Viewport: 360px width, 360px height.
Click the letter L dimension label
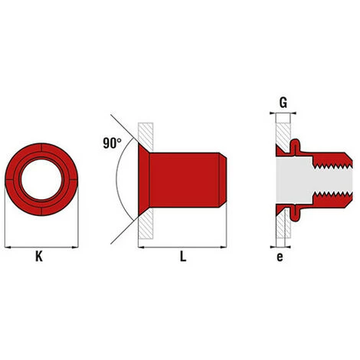tap(182, 258)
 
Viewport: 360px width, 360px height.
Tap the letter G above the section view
tap(283, 101)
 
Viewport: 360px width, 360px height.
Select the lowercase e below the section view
tap(280, 257)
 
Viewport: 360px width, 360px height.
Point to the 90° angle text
tap(111, 142)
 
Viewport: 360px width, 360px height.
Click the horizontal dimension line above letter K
tap(42, 247)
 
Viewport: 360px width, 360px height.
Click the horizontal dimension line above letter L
tap(184, 247)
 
